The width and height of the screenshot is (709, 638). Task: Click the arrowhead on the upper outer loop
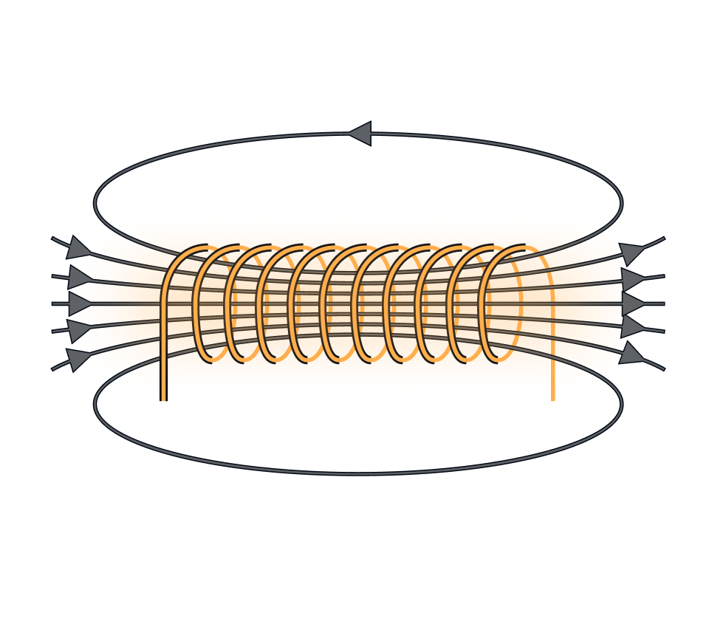click(360, 134)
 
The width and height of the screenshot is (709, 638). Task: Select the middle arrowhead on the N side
click(78, 303)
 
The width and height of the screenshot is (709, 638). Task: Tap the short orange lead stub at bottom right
click(552, 395)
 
